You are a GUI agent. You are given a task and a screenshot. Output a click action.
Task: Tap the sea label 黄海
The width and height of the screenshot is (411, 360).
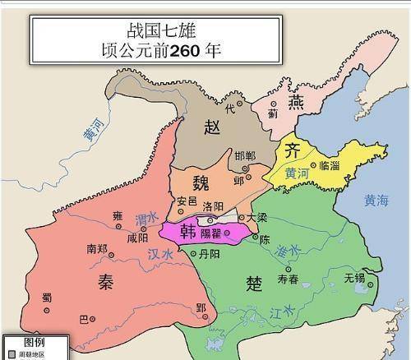[x=381, y=200]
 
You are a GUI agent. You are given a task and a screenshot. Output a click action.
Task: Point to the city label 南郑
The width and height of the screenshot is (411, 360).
[x=97, y=247]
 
